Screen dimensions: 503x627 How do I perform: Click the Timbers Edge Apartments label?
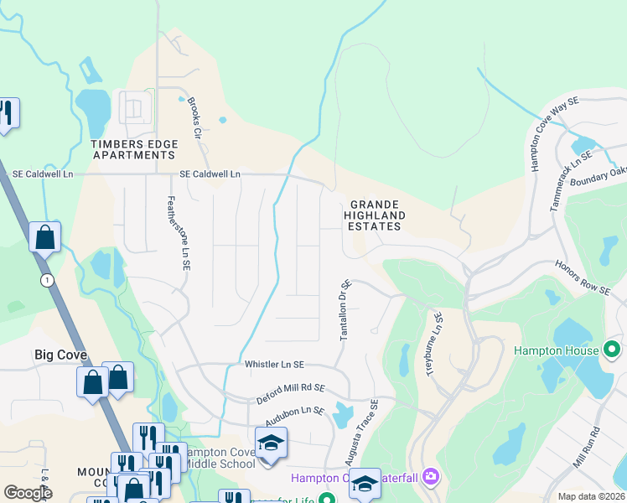click(135, 150)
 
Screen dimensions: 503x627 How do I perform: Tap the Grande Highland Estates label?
click(377, 215)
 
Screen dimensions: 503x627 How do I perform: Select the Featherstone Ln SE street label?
click(178, 233)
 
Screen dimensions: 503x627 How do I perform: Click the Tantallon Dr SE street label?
click(344, 310)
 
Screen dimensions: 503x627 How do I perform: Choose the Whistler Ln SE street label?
click(274, 365)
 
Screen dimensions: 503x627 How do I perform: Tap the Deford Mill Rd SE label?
click(290, 391)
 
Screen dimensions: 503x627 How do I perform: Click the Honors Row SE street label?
click(583, 277)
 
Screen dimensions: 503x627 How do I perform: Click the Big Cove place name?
click(60, 355)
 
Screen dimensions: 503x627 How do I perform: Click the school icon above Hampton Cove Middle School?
click(272, 442)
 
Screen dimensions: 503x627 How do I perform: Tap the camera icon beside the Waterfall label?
click(431, 477)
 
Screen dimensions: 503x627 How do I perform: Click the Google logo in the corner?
click(28, 493)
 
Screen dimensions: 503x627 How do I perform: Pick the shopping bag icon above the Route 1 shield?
click(44, 237)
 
